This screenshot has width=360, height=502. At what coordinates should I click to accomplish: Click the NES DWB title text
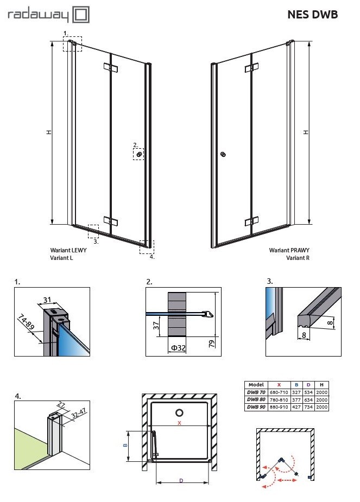coord(312,15)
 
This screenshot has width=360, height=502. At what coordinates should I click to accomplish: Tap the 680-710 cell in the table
coord(279,391)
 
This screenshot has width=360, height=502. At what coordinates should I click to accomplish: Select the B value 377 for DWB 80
coord(296,399)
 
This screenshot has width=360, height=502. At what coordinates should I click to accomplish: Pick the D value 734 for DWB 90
coord(309,406)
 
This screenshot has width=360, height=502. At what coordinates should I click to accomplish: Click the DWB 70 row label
coord(255,391)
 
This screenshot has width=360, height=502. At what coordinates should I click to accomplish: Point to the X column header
coord(279,384)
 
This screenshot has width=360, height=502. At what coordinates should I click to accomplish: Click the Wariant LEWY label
coord(66,251)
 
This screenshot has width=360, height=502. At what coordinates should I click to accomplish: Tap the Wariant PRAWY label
coord(289,251)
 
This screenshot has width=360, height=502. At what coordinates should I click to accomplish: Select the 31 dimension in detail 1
coord(47,300)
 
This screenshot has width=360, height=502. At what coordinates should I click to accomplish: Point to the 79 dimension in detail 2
coord(212,343)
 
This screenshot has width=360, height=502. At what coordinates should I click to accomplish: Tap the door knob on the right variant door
coord(223,155)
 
